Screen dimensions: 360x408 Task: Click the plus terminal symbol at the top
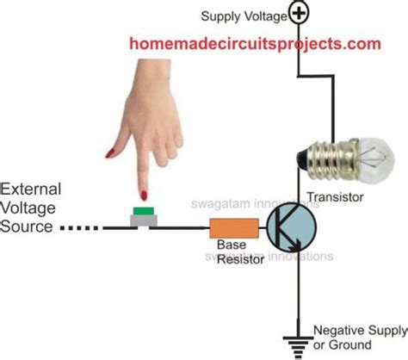pyautogui.click(x=299, y=13)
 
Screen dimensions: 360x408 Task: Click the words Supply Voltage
pyautogui.click(x=243, y=16)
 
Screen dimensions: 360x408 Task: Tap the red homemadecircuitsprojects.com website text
pyautogui.click(x=255, y=43)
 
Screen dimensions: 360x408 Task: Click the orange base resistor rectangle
pyautogui.click(x=233, y=228)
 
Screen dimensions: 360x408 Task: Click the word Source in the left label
pyautogui.click(x=26, y=227)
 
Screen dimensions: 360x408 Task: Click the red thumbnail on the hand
pyautogui.click(x=110, y=152)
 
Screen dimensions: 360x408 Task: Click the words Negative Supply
pyautogui.click(x=355, y=330)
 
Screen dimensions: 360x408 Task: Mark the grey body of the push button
pyautogui.click(x=142, y=220)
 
